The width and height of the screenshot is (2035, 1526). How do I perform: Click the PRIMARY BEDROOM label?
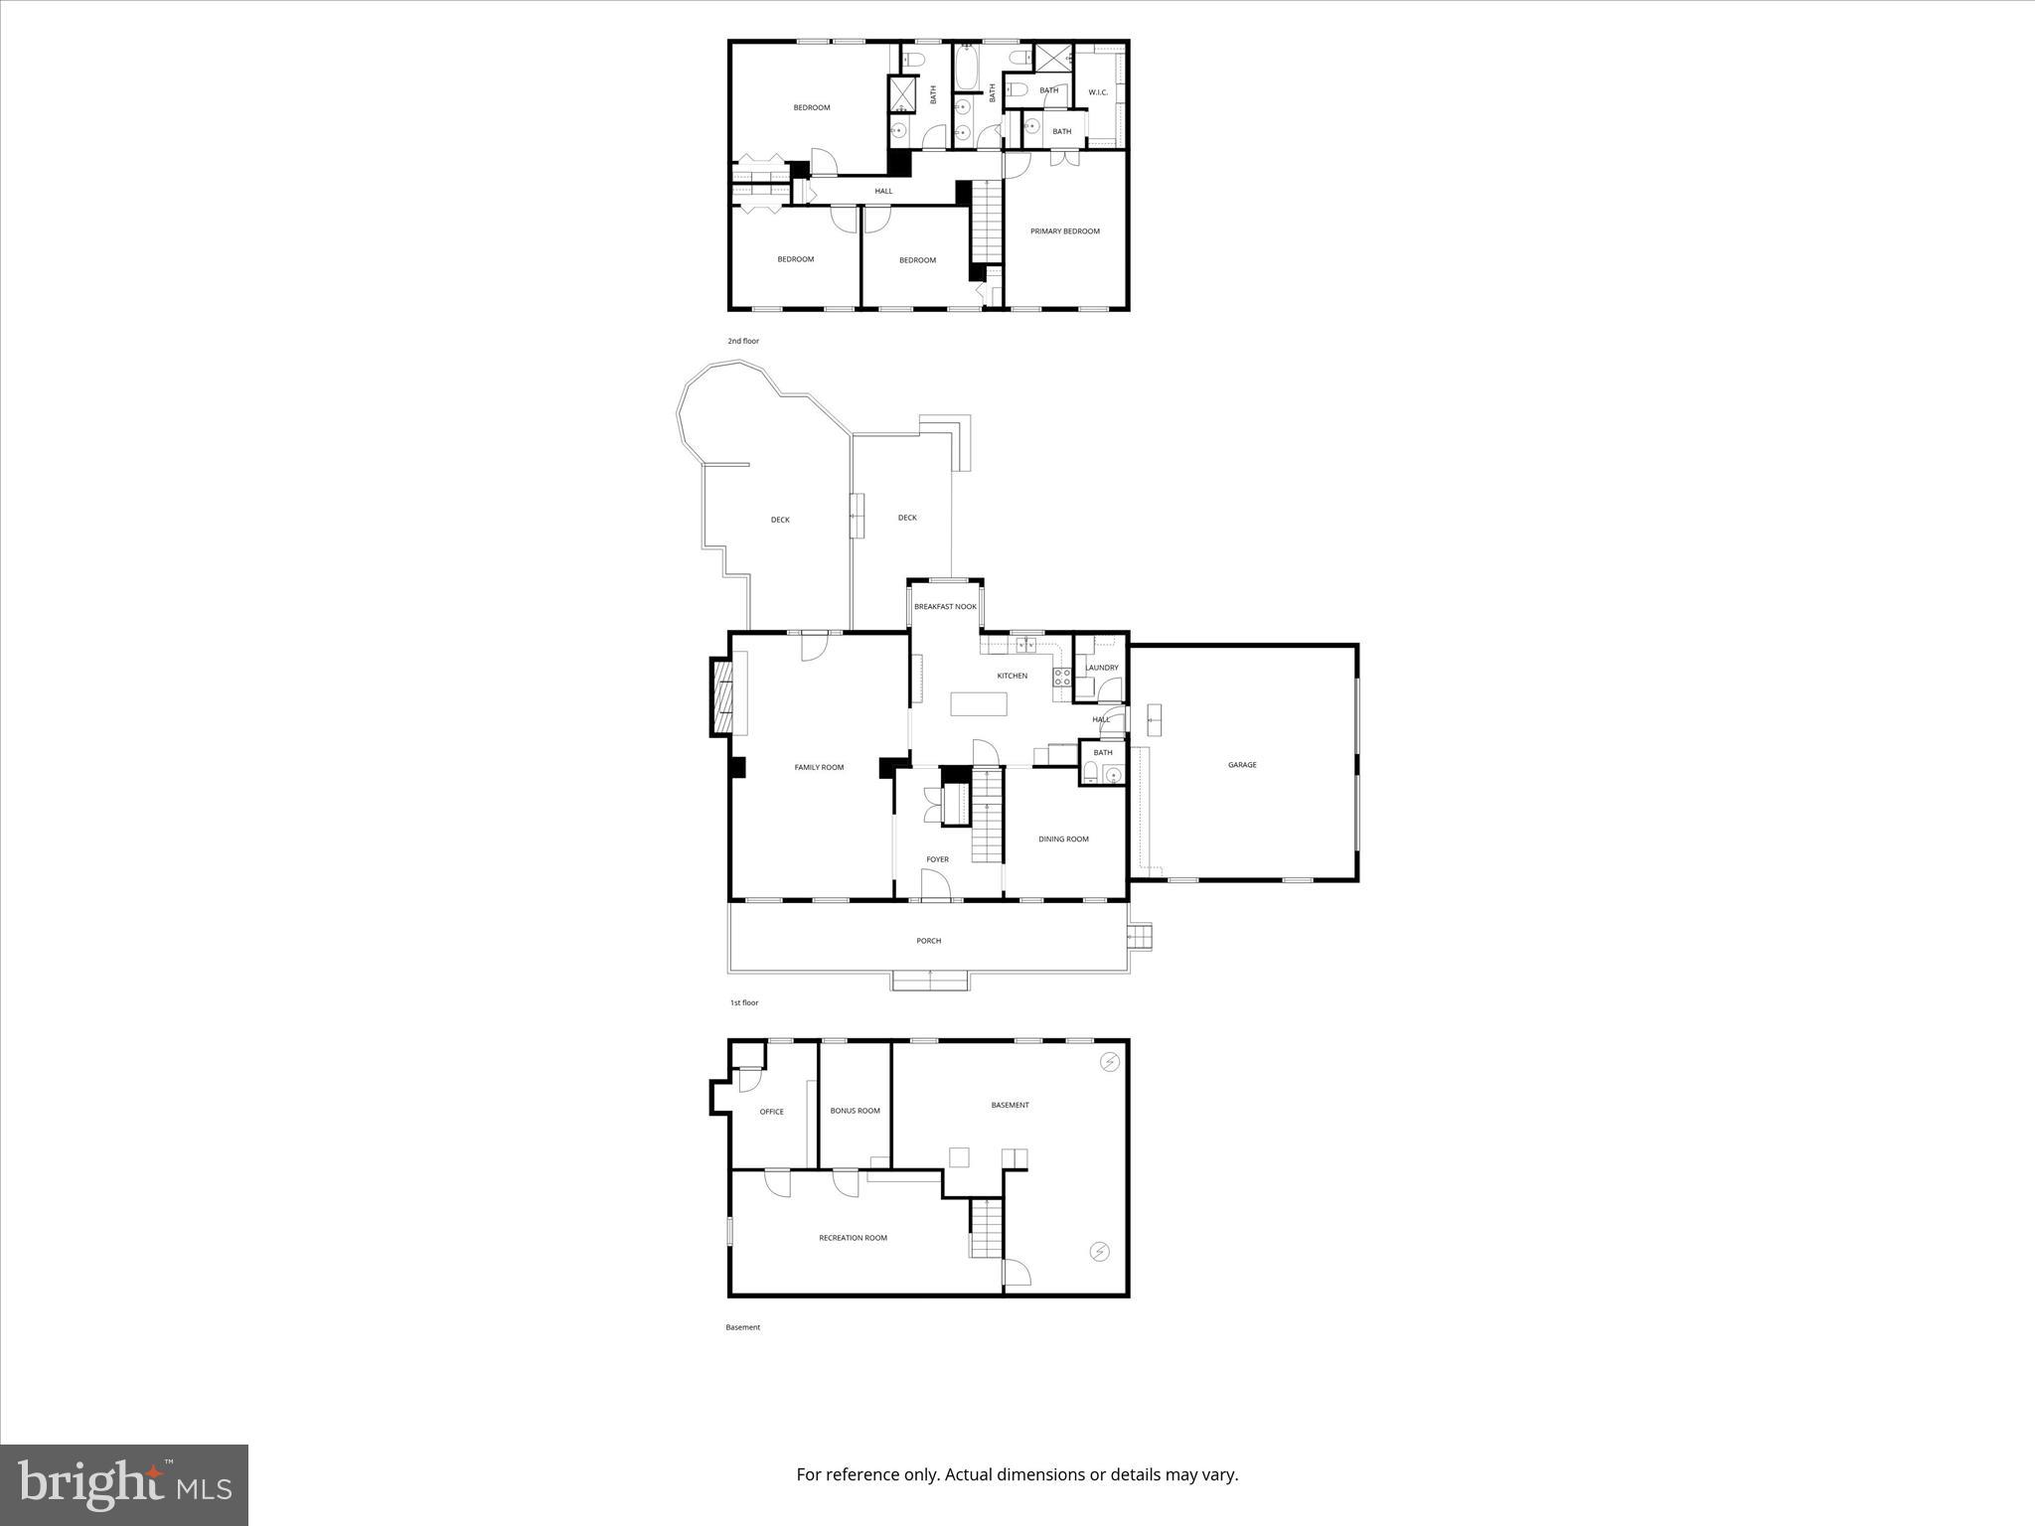click(1064, 231)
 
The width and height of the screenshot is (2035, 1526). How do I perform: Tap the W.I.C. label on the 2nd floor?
click(1098, 92)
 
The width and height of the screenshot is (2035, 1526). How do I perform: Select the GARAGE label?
click(1242, 765)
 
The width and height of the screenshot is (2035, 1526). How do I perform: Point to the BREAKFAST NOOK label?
click(945, 606)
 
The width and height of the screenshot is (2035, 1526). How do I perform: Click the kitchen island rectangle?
click(979, 704)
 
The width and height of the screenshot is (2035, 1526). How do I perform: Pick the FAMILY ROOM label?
click(819, 767)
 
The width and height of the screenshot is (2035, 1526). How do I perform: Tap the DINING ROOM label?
click(1063, 839)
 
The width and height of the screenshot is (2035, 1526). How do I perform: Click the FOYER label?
click(937, 859)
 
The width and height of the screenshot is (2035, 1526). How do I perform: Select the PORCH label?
click(928, 941)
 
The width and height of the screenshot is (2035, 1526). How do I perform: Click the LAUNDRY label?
click(1102, 668)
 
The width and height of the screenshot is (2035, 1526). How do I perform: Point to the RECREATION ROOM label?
click(853, 1238)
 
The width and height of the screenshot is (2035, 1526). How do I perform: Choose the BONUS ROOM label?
click(855, 1111)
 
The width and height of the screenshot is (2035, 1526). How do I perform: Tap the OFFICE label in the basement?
click(771, 1112)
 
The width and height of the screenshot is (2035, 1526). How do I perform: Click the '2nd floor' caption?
click(743, 341)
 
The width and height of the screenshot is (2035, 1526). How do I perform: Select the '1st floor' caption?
click(744, 1002)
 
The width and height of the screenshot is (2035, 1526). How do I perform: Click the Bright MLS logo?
click(124, 1484)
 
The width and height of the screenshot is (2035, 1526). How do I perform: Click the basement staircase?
click(986, 1228)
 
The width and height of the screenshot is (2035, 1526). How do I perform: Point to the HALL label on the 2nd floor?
click(883, 191)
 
